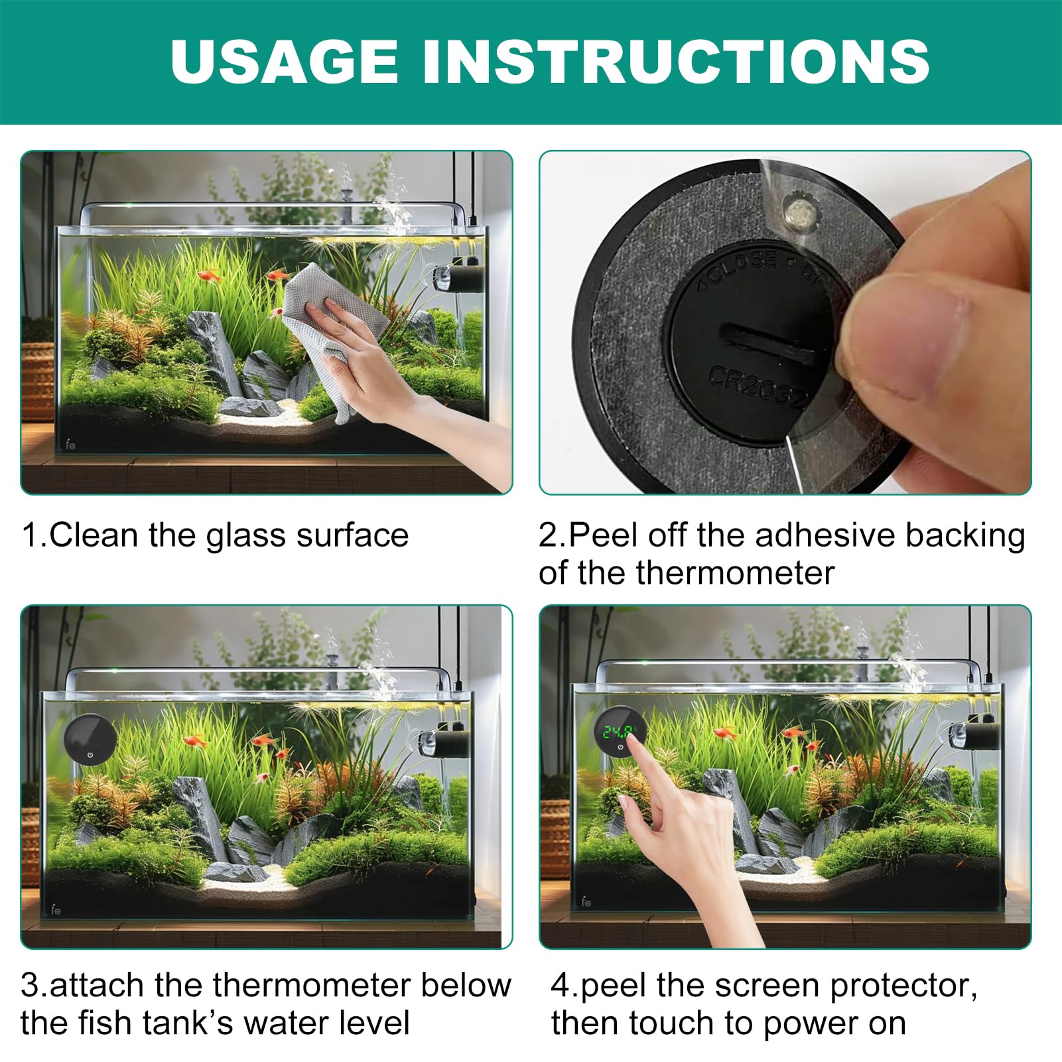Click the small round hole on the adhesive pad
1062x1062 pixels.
coord(795,212)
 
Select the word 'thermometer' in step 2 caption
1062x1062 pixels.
coord(736,572)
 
